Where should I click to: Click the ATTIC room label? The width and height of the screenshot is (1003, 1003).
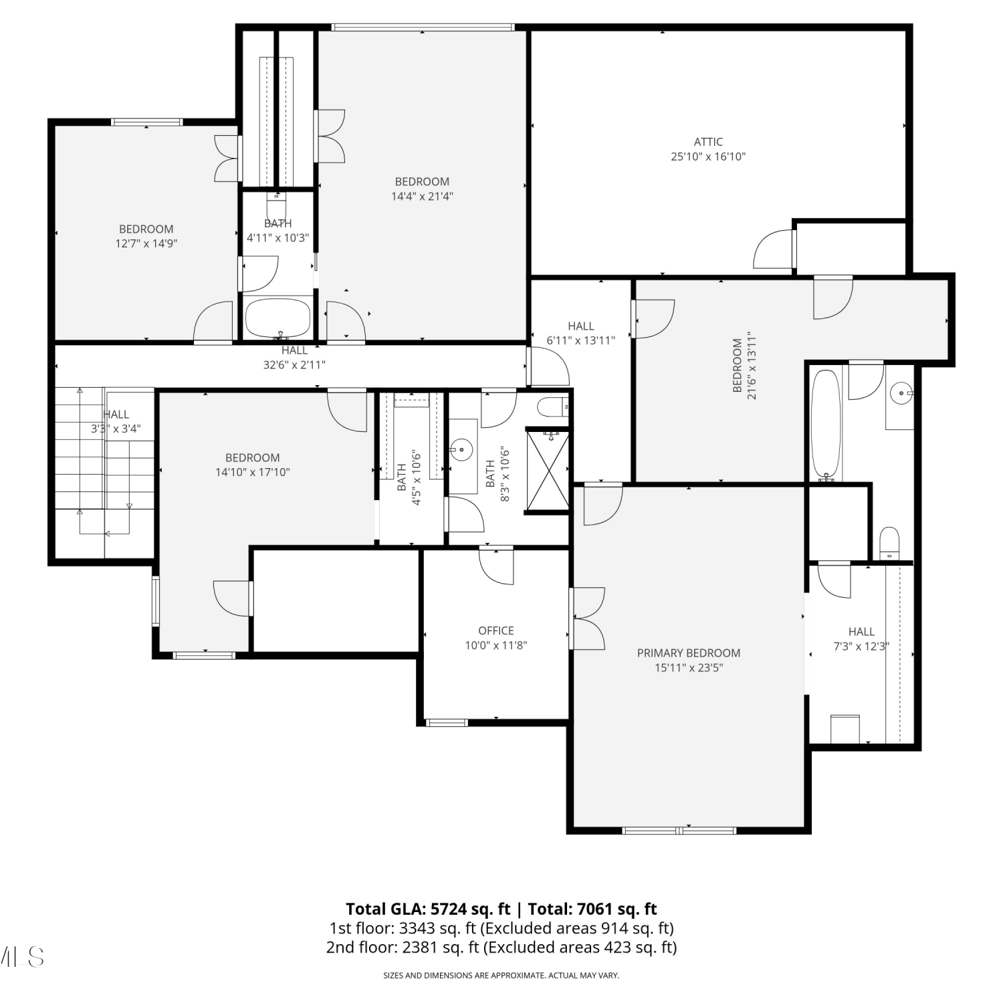click(708, 142)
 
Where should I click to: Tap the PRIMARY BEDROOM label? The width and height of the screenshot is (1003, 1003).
click(689, 653)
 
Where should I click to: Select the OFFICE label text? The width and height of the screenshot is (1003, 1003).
click(496, 631)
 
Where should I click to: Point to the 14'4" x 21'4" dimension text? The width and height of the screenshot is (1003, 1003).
click(422, 196)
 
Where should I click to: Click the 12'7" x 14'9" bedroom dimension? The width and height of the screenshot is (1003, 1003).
click(146, 243)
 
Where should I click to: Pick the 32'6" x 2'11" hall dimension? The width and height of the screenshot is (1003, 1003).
click(294, 364)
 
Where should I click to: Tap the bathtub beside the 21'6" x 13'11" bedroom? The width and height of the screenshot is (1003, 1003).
click(825, 425)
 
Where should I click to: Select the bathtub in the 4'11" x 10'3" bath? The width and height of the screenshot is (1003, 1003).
click(278, 318)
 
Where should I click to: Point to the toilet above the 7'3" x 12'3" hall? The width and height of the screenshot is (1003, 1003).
click(889, 542)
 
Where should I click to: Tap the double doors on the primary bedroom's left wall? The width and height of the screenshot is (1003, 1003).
click(587, 619)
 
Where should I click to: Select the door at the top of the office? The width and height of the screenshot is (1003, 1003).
click(496, 566)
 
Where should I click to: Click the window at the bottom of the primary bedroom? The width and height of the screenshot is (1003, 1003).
click(679, 830)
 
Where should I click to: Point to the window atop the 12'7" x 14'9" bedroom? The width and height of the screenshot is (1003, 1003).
click(146, 122)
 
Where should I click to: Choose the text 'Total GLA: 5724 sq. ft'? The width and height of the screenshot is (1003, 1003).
click(428, 909)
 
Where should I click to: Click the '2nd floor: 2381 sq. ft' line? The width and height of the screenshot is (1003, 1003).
click(403, 948)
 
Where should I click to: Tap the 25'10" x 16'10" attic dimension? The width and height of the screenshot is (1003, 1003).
click(708, 156)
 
